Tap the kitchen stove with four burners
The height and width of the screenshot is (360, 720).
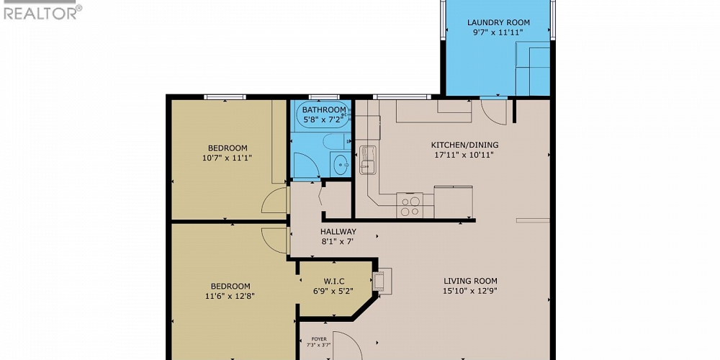[410, 206]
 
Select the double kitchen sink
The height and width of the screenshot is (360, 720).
[367, 160]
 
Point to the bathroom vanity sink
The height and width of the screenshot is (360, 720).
[339, 164]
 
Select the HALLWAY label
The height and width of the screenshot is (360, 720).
[338, 232]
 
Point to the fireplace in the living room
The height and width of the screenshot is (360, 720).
[382, 282]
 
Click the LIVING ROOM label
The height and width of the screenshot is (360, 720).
[470, 281]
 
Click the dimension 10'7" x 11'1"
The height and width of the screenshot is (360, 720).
[228, 157]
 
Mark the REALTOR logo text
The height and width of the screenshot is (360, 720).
[42, 12]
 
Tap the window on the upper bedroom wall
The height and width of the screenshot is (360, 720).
[225, 97]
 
